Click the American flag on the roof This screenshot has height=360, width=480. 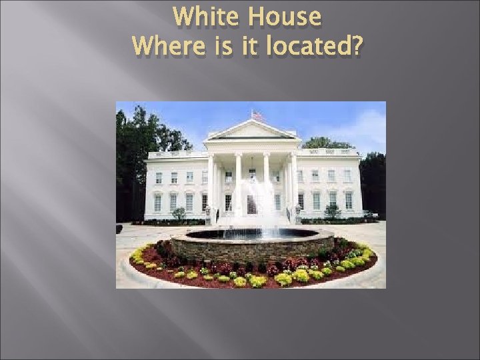256,115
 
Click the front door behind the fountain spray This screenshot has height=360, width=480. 251,203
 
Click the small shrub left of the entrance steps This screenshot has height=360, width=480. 179,213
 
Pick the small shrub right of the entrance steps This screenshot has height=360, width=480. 332,212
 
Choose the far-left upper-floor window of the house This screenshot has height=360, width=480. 158,177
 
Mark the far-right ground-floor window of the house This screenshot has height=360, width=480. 349,200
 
